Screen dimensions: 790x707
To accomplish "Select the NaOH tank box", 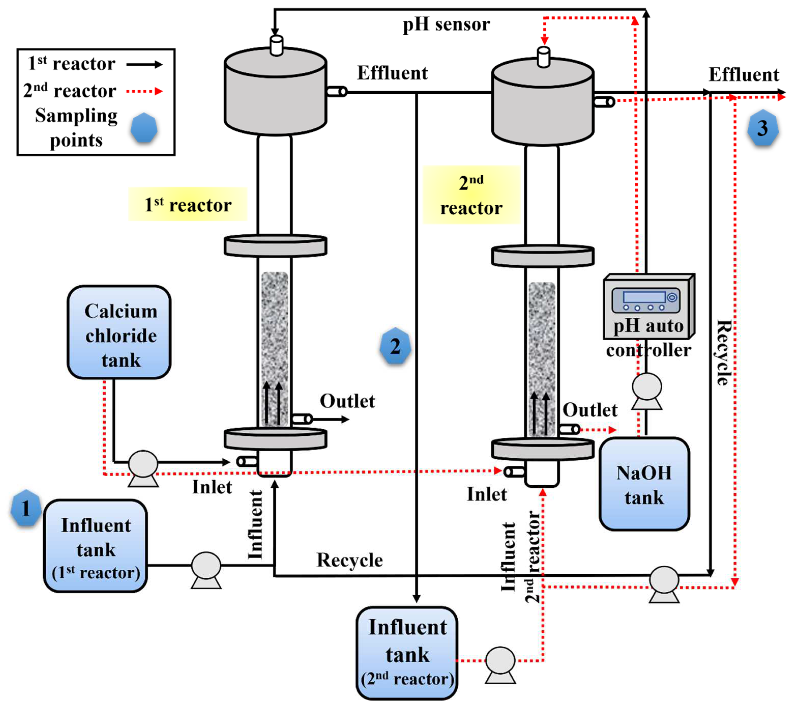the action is click(644, 484).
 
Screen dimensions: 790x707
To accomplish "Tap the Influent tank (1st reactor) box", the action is click(96, 546).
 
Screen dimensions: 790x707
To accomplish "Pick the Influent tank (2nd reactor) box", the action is click(407, 653).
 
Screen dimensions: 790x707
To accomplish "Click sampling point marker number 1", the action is click(26, 508).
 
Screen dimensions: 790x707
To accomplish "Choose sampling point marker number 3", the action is click(763, 128).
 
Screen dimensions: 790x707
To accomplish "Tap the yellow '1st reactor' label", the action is click(188, 204).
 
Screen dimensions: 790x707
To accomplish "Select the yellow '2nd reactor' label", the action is click(471, 195).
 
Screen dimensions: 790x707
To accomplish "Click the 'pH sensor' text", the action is click(446, 24).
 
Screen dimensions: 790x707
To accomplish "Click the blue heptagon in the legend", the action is click(144, 128).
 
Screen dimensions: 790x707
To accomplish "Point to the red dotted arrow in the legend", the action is click(144, 91).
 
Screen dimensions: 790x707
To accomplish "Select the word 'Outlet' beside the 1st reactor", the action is click(347, 401).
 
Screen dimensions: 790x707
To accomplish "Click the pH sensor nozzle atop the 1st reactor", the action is click(276, 45).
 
